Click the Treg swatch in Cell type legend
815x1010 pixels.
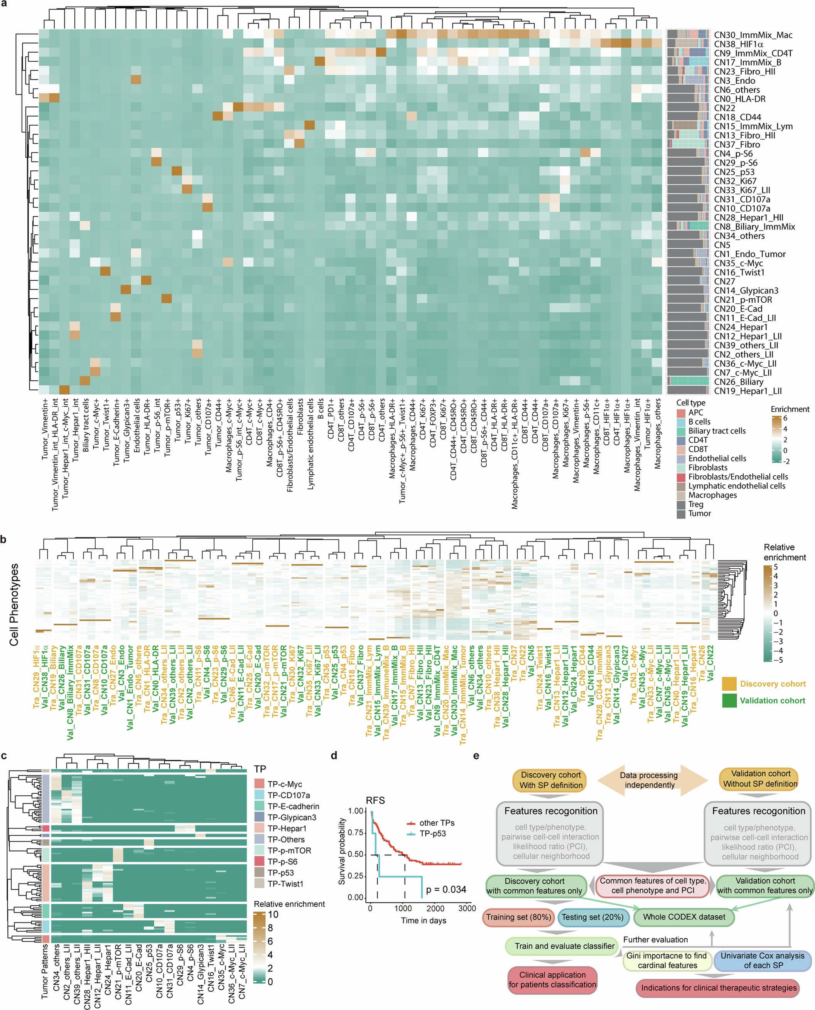[681, 504]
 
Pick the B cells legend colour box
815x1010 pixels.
[681, 422]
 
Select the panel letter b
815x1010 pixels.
[4, 539]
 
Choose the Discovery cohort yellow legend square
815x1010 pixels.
[729, 683]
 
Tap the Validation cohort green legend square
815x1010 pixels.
[729, 700]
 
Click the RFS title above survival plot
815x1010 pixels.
[376, 800]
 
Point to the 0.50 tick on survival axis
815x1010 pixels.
[356, 854]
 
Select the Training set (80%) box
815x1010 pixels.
[518, 917]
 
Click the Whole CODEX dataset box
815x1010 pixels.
[683, 917]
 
